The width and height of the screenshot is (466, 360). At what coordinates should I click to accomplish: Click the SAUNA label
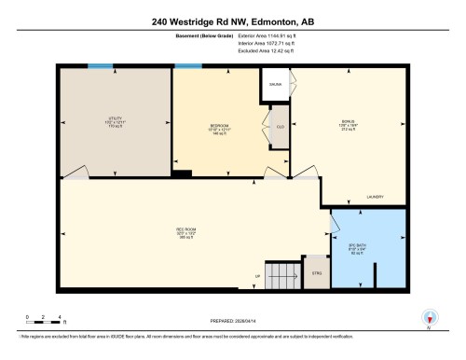tap(275, 84)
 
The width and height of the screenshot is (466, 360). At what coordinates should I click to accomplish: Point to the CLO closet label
tap(280, 126)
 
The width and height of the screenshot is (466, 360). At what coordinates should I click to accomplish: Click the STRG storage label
tap(317, 273)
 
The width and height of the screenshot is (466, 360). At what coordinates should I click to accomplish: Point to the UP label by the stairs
tap(258, 276)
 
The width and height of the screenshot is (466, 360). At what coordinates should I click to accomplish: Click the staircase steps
tap(281, 275)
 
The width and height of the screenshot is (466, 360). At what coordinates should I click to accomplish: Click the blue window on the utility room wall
tap(101, 66)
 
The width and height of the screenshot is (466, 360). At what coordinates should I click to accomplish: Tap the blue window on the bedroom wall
tap(187, 66)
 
